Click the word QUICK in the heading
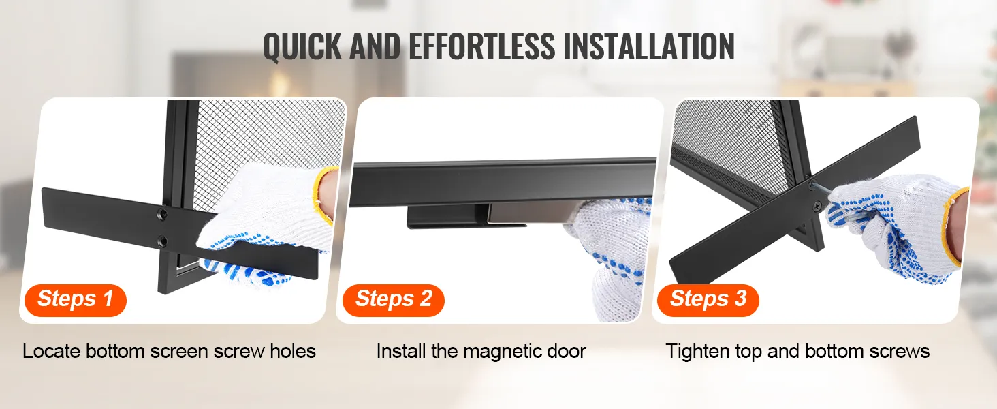click(x=303, y=46)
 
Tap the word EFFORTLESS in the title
click(x=481, y=46)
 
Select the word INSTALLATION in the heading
click(x=648, y=46)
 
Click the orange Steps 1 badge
click(x=75, y=300)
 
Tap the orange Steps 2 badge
click(x=393, y=300)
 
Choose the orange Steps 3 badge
click(x=708, y=300)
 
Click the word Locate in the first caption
click(x=51, y=351)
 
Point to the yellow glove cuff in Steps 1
click(x=324, y=194)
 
